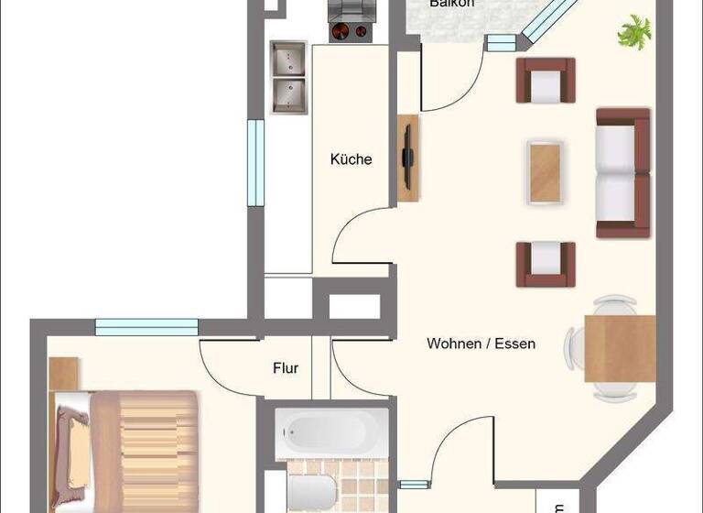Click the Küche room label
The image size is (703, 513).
point(351,159)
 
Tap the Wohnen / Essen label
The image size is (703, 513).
point(481,344)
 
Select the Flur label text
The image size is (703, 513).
point(286,368)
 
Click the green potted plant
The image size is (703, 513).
point(633,33)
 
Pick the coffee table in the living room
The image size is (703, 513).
point(546,172)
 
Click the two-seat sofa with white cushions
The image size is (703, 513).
point(622,172)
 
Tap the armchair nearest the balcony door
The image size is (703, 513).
point(546,81)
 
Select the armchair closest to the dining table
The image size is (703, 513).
point(546,264)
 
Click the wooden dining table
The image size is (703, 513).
point(620,348)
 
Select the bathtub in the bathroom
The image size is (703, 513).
point(331,431)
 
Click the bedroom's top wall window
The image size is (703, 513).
point(146,327)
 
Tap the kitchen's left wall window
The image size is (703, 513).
point(255,163)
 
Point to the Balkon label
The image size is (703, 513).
point(452,4)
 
